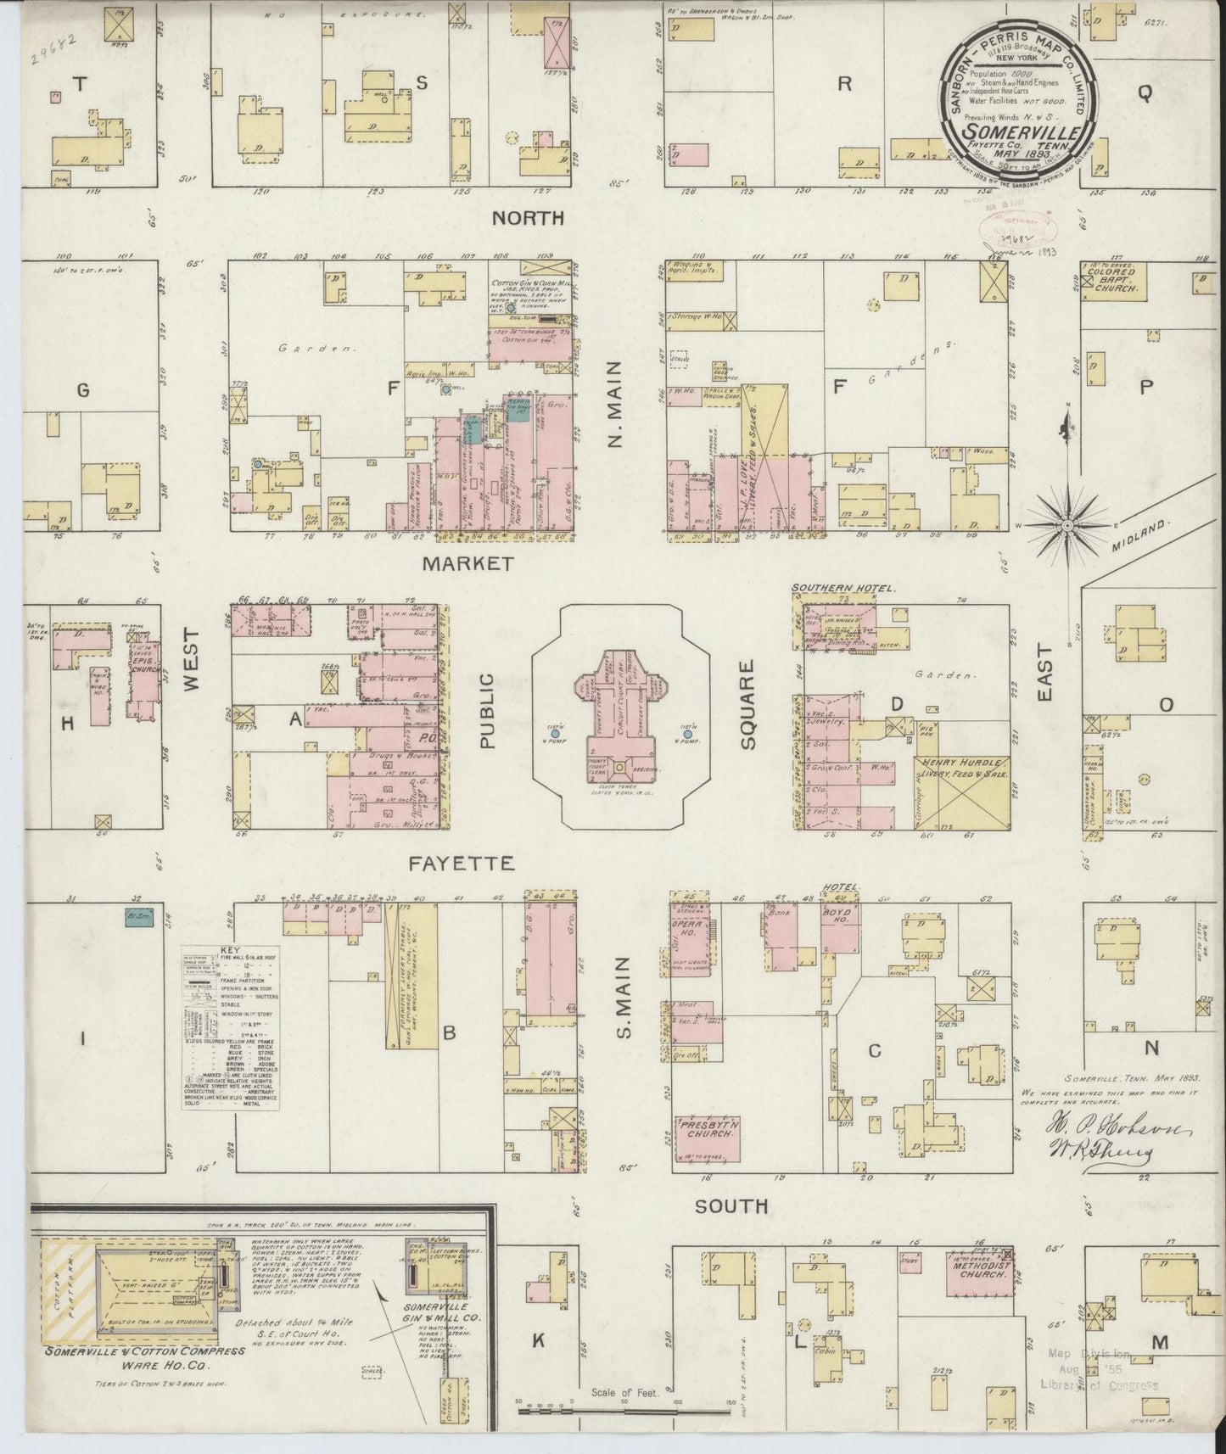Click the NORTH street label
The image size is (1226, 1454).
pyautogui.click(x=529, y=218)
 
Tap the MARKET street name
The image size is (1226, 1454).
pyautogui.click(x=468, y=563)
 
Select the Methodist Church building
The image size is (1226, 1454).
pyautogui.click(x=980, y=1272)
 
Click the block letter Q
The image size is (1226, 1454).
pyautogui.click(x=1145, y=95)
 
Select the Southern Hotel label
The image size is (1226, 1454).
pyautogui.click(x=833, y=587)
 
